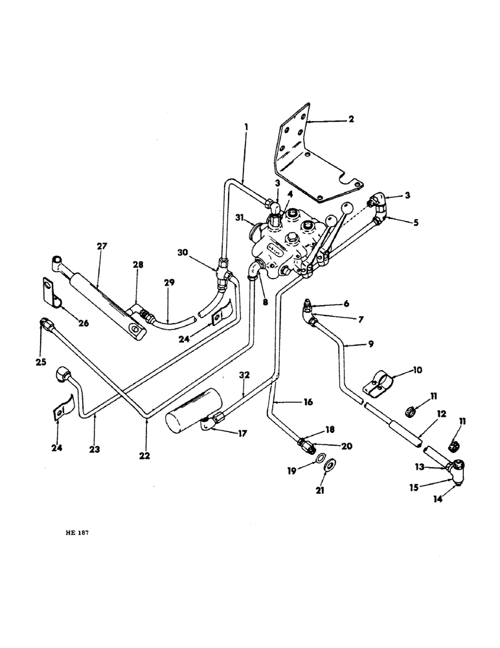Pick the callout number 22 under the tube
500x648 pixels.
pos(144,456)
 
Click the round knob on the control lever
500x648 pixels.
pos(348,209)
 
